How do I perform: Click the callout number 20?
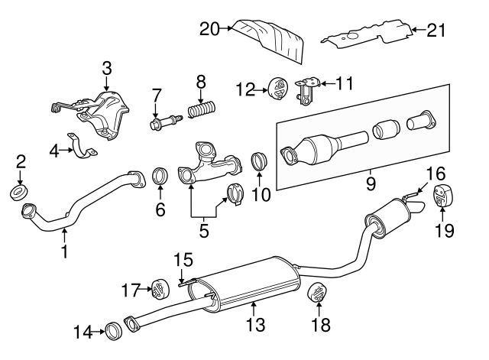[209, 29]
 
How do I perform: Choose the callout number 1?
[64, 250]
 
